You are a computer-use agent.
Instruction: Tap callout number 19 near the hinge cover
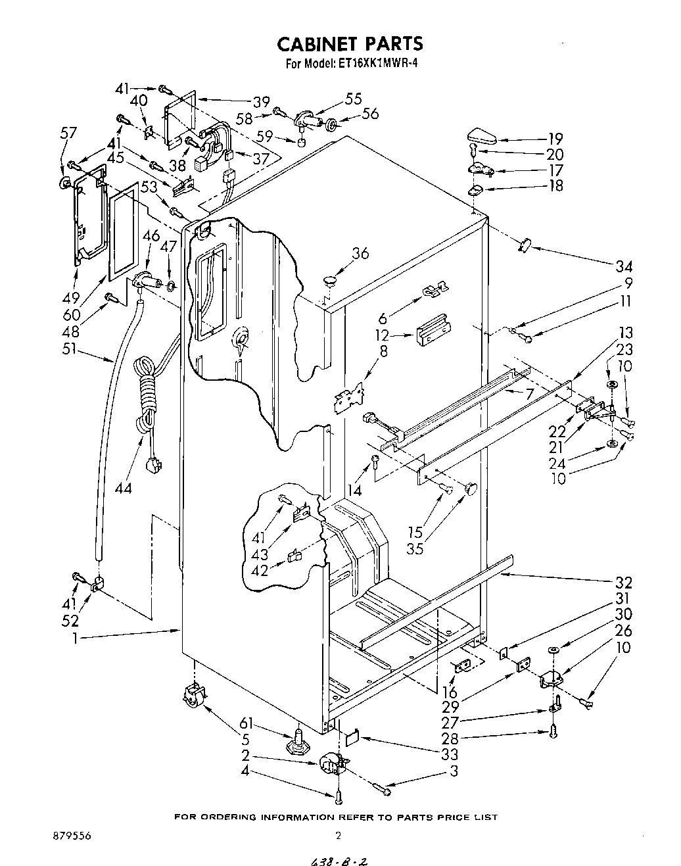point(555,139)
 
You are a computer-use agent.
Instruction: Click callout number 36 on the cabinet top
point(360,254)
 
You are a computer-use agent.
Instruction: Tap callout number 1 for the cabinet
point(76,638)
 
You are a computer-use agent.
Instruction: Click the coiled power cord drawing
point(146,395)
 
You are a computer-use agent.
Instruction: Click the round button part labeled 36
point(329,281)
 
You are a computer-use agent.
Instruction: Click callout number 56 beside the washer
point(371,113)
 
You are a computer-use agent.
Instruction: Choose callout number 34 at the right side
point(624,267)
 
